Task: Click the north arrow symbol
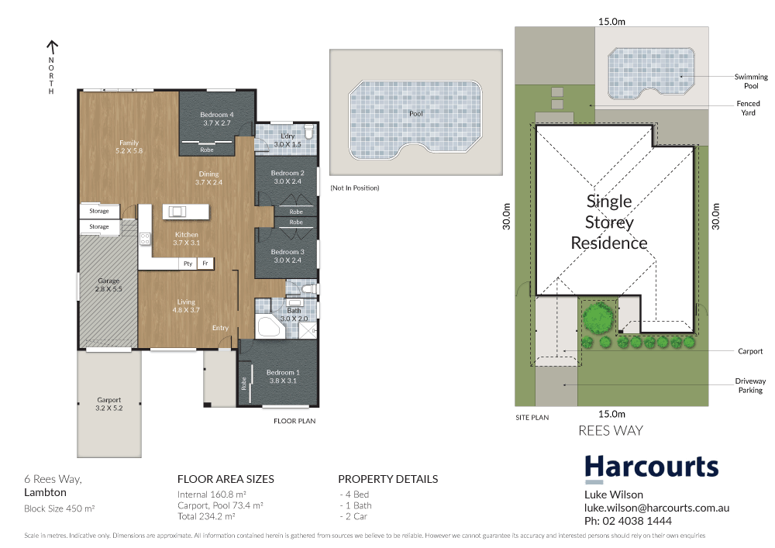click(x=52, y=47)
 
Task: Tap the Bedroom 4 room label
click(x=217, y=114)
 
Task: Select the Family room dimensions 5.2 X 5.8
click(x=129, y=150)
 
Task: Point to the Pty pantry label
click(x=188, y=264)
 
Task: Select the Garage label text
click(x=108, y=281)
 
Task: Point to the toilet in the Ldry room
click(x=309, y=133)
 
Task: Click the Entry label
click(x=220, y=328)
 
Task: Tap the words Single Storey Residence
click(x=609, y=222)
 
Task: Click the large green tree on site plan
click(x=598, y=317)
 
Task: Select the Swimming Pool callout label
click(x=751, y=81)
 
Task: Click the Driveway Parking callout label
click(x=749, y=385)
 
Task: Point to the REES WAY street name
click(x=611, y=431)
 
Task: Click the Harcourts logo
click(x=651, y=467)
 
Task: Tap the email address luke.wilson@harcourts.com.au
click(x=656, y=508)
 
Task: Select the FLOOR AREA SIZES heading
click(x=225, y=479)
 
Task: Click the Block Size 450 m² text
click(x=59, y=508)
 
